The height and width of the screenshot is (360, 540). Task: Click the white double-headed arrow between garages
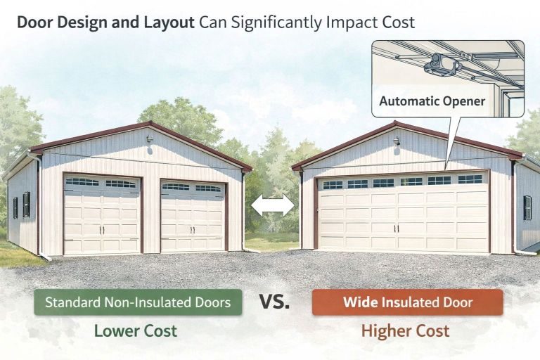coord(273,205)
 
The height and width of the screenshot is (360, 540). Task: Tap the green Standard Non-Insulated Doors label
coord(137,303)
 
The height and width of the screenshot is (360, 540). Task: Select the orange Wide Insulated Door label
coord(408,303)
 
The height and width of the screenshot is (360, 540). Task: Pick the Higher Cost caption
coord(405,330)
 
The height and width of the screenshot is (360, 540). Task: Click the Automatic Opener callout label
coord(432,101)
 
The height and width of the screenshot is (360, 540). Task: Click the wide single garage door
coord(403,213)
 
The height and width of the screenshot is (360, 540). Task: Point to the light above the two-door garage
coord(150,139)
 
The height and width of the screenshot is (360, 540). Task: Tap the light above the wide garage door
coord(397,141)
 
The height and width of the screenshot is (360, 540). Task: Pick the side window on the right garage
coord(527,207)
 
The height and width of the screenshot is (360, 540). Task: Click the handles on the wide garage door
coord(400,228)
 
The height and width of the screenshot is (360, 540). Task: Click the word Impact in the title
coord(347,22)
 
